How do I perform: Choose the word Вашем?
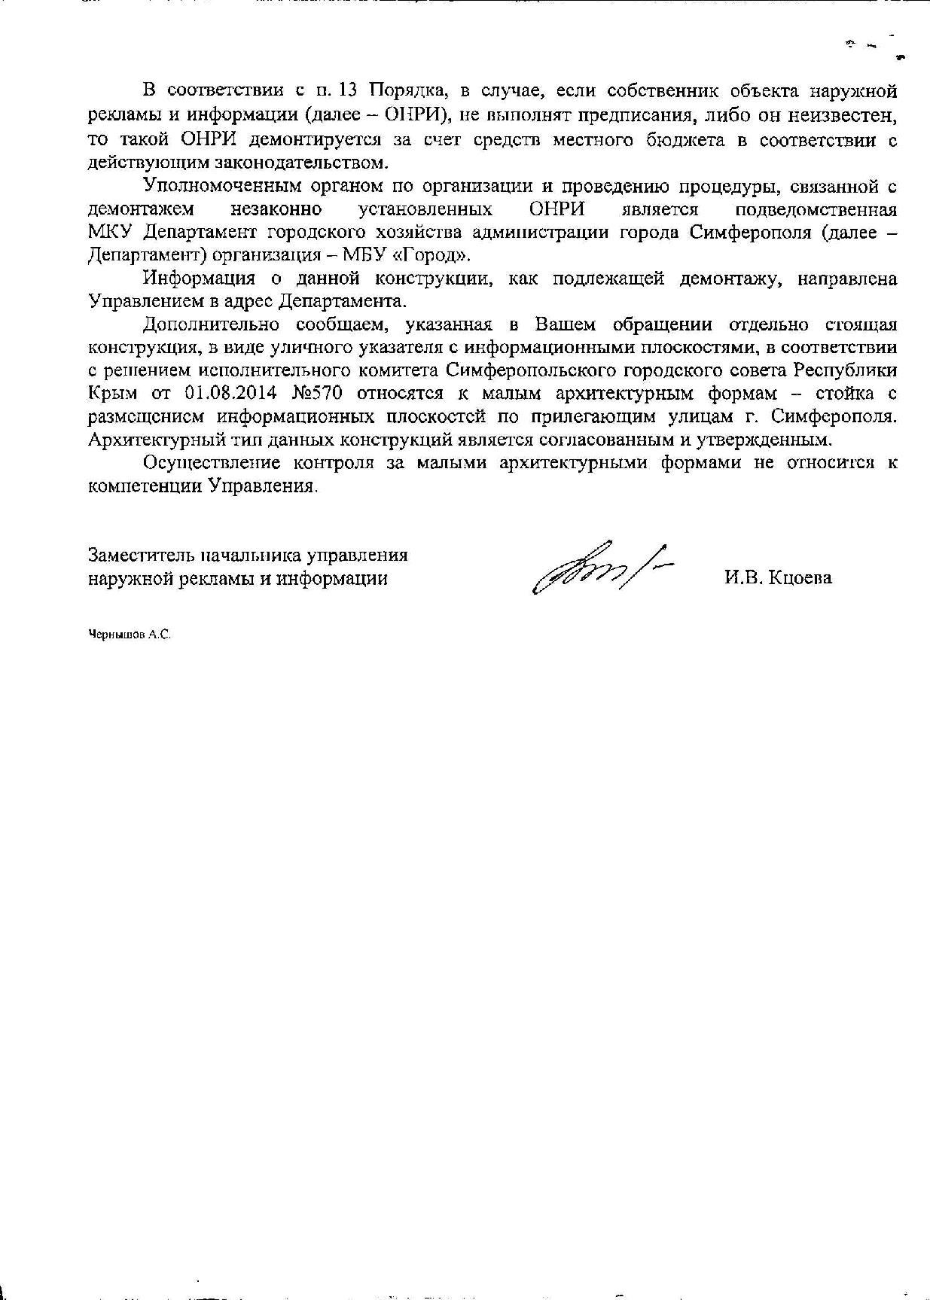click(564, 325)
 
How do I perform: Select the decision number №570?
click(318, 394)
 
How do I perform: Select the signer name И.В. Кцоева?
click(779, 578)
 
